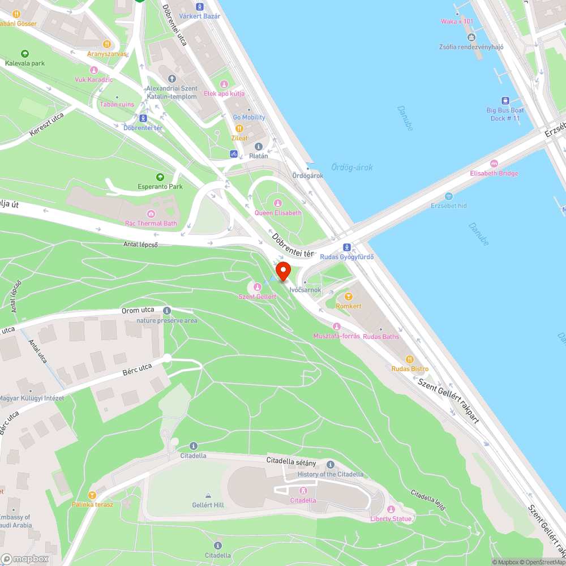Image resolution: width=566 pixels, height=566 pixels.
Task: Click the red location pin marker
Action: click(282, 271)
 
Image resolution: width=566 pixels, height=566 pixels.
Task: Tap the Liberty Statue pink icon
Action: click(391, 509)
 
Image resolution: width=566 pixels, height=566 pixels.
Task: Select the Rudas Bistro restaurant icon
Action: click(410, 359)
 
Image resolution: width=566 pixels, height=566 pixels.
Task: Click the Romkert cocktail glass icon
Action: click(349, 296)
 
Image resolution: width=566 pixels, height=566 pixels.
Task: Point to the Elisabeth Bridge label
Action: click(494, 173)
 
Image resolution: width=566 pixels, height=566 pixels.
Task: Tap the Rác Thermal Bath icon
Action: click(151, 214)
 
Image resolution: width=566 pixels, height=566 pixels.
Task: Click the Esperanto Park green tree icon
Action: click(160, 177)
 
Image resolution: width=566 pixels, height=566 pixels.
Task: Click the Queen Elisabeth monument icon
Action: click(278, 203)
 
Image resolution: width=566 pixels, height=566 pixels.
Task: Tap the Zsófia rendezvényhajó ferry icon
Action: click(471, 37)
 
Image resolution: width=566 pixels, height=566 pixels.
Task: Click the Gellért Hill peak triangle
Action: click(208, 495)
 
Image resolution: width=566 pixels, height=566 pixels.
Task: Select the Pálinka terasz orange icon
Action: click(92, 495)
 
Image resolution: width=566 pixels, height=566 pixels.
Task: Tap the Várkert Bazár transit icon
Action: click(199, 7)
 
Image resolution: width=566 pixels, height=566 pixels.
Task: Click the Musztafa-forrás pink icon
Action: click(337, 327)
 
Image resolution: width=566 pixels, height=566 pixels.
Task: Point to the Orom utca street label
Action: click(139, 311)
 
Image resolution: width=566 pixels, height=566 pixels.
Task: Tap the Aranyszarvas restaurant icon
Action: click(106, 44)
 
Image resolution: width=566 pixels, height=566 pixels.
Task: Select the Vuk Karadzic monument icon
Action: click(94, 70)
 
